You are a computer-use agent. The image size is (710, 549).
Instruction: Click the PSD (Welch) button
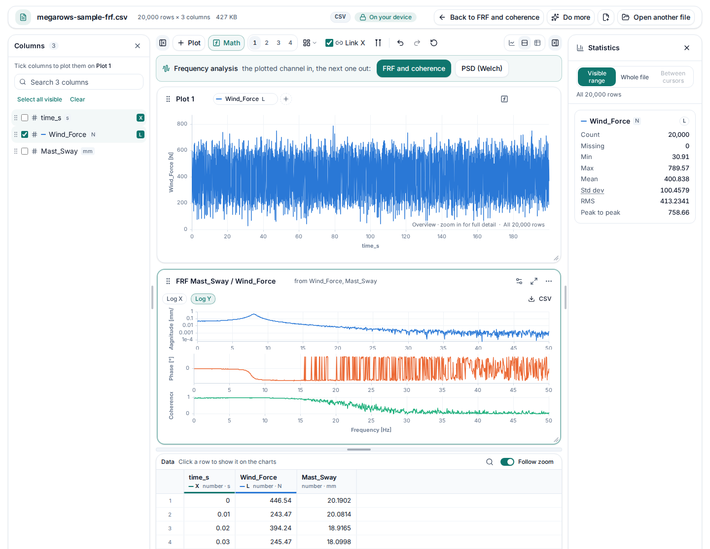pyautogui.click(x=481, y=68)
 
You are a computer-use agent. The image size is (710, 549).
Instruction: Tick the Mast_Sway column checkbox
pyautogui.click(x=25, y=151)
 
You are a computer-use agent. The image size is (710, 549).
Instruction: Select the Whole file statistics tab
pyautogui.click(x=634, y=77)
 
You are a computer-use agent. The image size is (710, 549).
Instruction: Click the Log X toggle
pyautogui.click(x=174, y=299)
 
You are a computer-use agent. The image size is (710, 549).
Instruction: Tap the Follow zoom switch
pyautogui.click(x=507, y=461)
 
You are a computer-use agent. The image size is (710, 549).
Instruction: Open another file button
pyautogui.click(x=656, y=17)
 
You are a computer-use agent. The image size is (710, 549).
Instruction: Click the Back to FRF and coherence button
pyautogui.click(x=489, y=17)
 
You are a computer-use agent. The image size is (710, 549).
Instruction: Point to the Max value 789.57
pyautogui.click(x=678, y=168)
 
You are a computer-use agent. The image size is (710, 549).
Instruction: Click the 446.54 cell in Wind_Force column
pyautogui.click(x=281, y=500)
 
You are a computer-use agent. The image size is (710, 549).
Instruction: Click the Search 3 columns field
pyautogui.click(x=79, y=82)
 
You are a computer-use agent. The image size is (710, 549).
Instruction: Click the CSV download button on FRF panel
pyautogui.click(x=539, y=299)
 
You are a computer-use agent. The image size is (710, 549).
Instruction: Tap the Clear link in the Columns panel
pyautogui.click(x=77, y=99)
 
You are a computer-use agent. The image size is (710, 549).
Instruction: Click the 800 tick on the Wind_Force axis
pyautogui.click(x=182, y=124)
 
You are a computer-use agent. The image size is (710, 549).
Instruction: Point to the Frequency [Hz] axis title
pyautogui.click(x=371, y=430)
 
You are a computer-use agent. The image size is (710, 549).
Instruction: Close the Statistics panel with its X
pyautogui.click(x=686, y=48)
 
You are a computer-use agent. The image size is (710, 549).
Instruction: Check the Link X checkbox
pyautogui.click(x=329, y=43)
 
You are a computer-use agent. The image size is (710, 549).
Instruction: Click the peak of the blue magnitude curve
pyautogui.click(x=253, y=314)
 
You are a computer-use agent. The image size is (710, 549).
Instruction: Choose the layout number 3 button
pyautogui.click(x=279, y=43)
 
